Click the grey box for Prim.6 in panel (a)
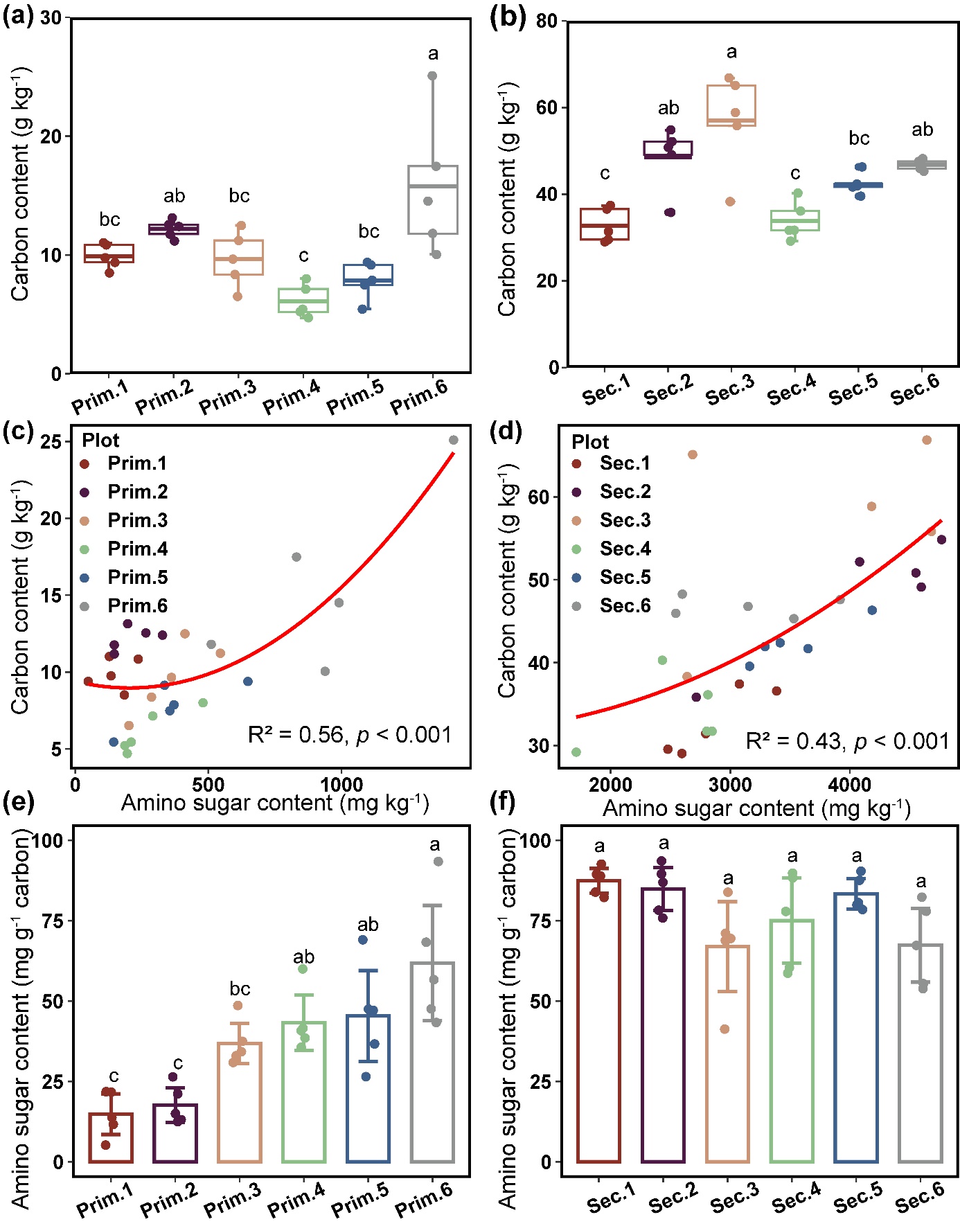pos(433,199)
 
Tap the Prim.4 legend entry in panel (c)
pos(137,549)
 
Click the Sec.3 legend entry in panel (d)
pos(625,520)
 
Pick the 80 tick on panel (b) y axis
pos(547,21)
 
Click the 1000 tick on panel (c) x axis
pos(341,785)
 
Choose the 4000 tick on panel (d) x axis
pos(850,785)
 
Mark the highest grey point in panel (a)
pos(432,76)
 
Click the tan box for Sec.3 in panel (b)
pos(731,106)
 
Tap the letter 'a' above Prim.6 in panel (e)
pos(434,844)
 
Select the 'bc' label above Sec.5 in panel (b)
pos(859,139)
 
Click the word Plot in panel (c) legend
pos(100,441)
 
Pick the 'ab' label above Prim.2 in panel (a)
pos(174,196)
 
